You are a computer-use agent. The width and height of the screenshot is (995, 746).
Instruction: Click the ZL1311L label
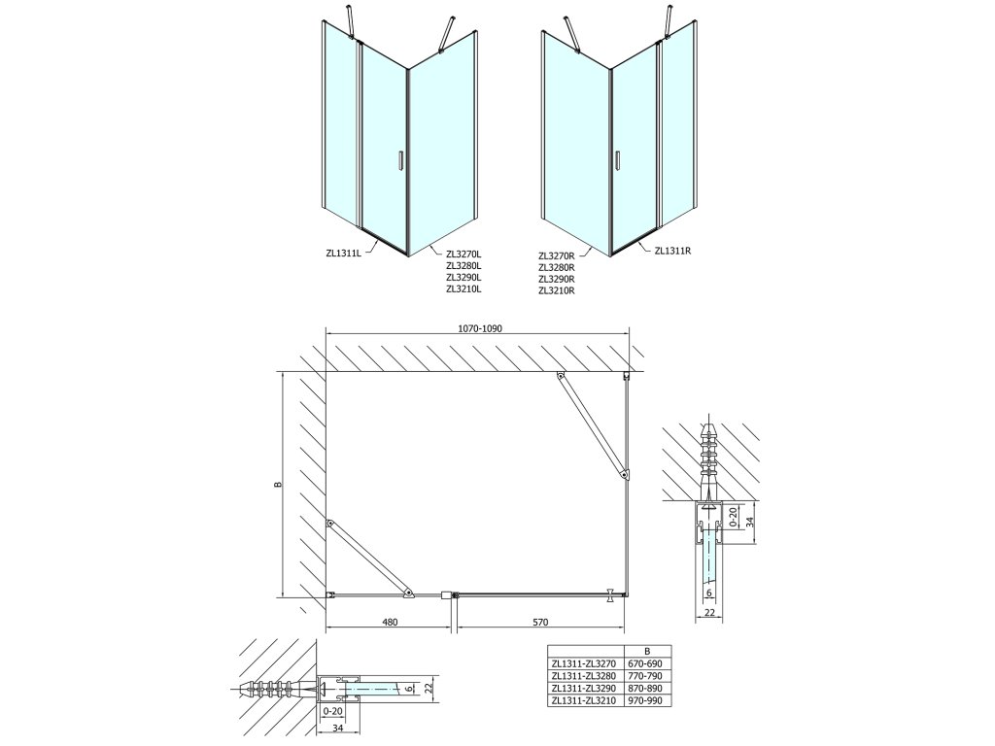(x=343, y=253)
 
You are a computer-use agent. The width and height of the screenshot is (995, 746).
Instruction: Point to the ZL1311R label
(x=671, y=251)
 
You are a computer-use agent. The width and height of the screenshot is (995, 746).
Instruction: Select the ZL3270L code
(x=463, y=254)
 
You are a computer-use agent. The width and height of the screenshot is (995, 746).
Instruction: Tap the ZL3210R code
(x=557, y=289)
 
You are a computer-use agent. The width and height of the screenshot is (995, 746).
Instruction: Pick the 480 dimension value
(x=389, y=623)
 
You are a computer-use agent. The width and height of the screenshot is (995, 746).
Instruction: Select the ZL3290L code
(x=463, y=278)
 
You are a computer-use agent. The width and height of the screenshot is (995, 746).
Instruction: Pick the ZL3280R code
(x=557, y=266)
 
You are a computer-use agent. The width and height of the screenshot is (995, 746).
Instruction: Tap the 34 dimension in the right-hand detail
(x=748, y=521)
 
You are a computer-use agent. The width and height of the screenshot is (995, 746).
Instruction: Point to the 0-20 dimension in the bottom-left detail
(x=331, y=710)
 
